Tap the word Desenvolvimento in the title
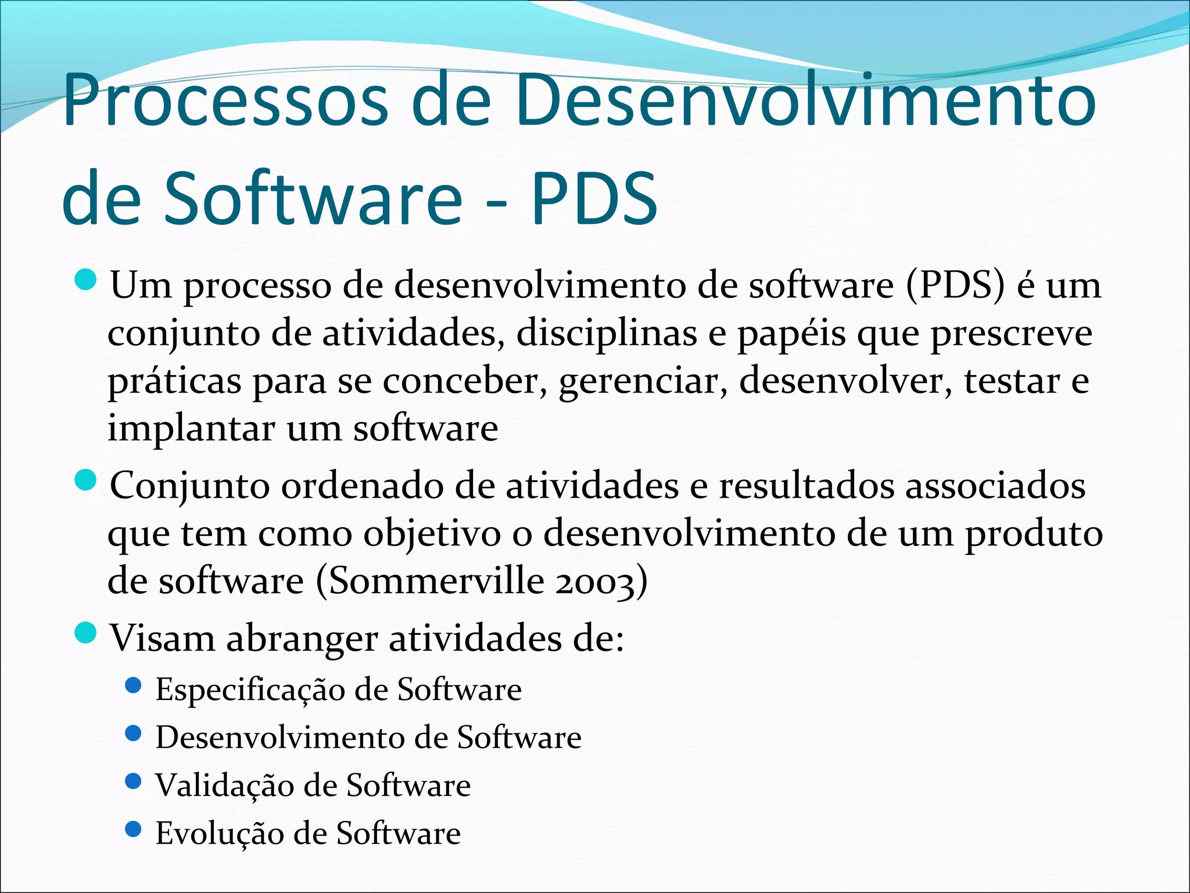click(x=805, y=100)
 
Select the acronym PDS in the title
click(x=594, y=198)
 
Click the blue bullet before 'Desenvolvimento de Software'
click(x=133, y=734)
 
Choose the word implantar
click(x=191, y=429)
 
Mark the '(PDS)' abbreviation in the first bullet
click(x=954, y=286)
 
